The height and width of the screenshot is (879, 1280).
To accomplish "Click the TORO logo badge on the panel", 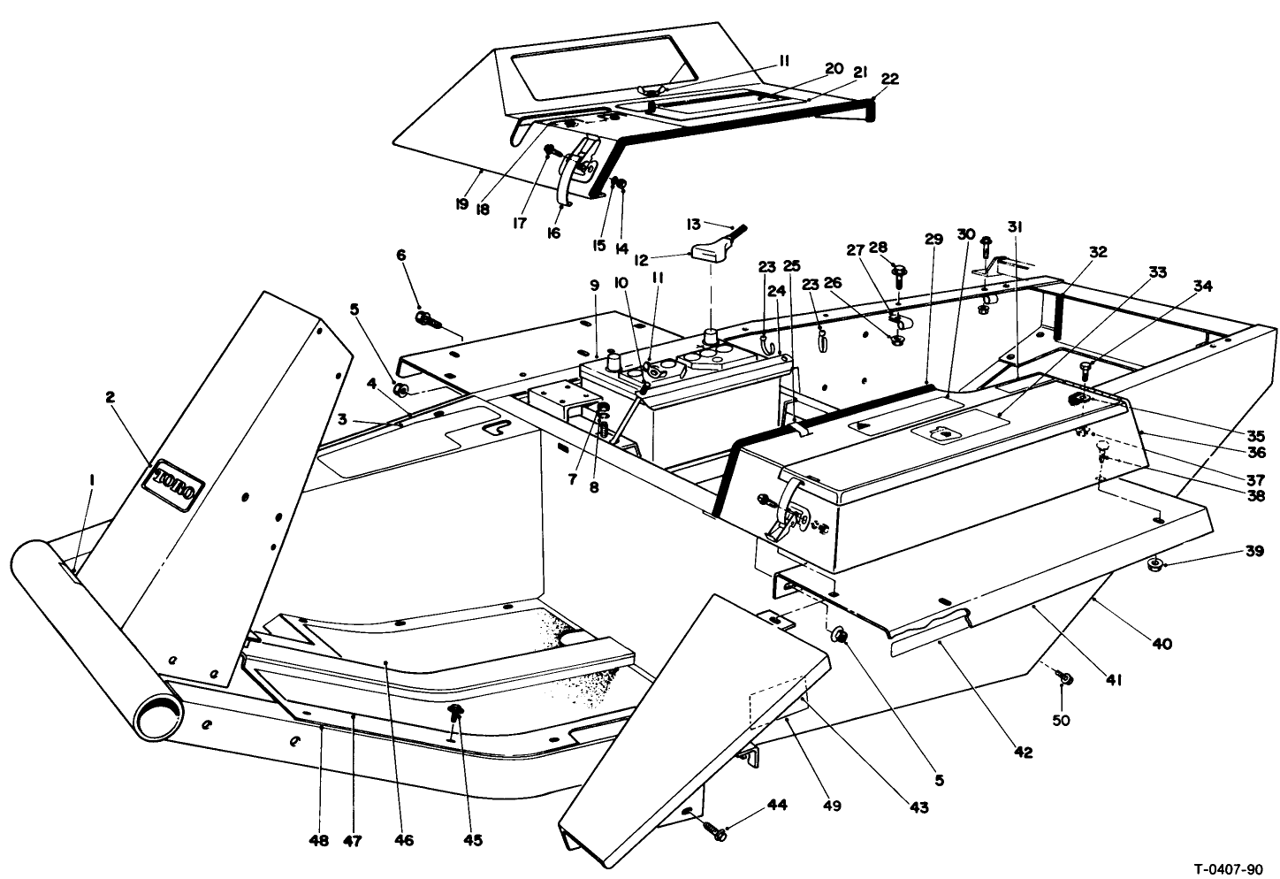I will [179, 485].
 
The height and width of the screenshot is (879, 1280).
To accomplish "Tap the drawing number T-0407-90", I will [1223, 868].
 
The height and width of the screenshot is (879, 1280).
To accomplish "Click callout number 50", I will [1061, 720].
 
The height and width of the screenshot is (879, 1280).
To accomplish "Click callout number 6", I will [401, 254].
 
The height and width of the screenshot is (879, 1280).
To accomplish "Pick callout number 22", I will [890, 79].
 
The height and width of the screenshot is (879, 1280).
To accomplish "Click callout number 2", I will [110, 398].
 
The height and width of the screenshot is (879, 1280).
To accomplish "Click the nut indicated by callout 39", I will [1154, 564].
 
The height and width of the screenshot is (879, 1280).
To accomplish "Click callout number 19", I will [461, 204].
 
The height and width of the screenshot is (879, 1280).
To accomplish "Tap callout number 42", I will [1023, 753].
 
